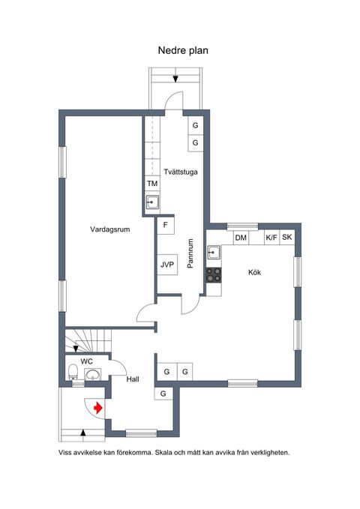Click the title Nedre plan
[x=183, y=51]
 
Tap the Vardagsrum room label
[x=109, y=229]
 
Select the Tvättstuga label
[x=181, y=172]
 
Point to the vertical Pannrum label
[x=190, y=253]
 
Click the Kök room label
[x=254, y=272]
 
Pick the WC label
[x=87, y=361]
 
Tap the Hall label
[x=133, y=379]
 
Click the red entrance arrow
[x=98, y=408]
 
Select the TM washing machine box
[x=152, y=184]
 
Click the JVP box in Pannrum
[x=167, y=265]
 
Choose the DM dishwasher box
[x=241, y=238]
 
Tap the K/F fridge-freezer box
[x=271, y=238]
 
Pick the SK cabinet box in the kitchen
[x=287, y=238]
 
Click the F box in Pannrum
[x=166, y=225]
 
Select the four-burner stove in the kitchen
[x=214, y=275]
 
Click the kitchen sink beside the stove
[x=214, y=252]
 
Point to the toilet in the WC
[x=73, y=372]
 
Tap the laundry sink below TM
[x=152, y=202]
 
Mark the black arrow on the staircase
[x=76, y=349]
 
